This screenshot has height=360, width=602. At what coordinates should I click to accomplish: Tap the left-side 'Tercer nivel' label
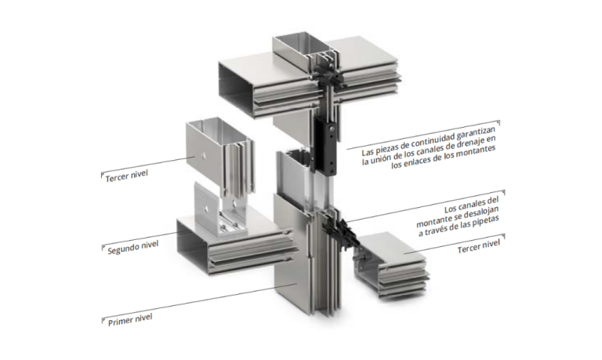pyautogui.click(x=127, y=176)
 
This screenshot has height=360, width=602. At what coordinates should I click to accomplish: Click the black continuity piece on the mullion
pyautogui.click(x=325, y=147)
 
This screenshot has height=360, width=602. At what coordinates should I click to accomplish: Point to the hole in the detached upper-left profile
pyautogui.click(x=205, y=155)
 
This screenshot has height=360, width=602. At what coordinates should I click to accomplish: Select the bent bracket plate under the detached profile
pyautogui.click(x=215, y=209)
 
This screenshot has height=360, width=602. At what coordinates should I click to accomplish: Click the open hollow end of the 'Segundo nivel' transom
pyautogui.click(x=193, y=246)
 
